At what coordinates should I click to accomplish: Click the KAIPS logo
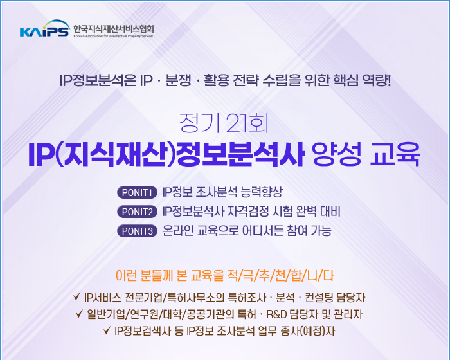pos(45,29)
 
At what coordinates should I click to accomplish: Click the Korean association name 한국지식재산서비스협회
pos(114,29)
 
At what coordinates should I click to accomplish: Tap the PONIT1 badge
pos(137,192)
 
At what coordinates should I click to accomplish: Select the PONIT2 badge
pos(137,212)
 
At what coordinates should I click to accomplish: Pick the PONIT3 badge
pos(137,231)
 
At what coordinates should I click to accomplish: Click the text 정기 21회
pos(224,123)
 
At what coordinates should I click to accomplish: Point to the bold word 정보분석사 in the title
pos(240,154)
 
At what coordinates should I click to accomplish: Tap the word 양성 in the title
pos(337,154)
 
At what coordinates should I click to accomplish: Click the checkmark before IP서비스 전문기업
pos(76,296)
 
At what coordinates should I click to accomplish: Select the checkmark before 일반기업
pos(79,314)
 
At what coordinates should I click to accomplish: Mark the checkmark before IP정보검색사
pos(107,330)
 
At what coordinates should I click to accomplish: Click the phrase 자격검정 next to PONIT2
pos(249,212)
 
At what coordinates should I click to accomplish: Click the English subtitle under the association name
pos(113,36)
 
